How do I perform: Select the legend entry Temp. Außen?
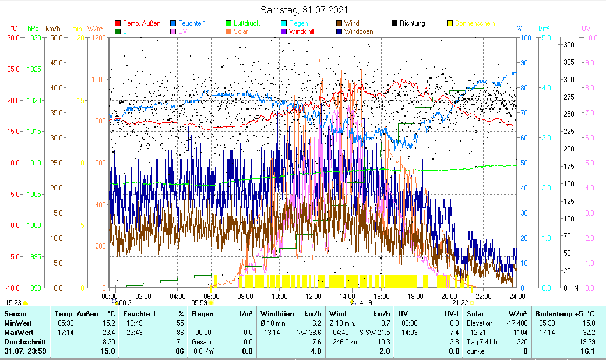pyautogui.click(x=142, y=23)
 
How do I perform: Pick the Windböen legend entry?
pyautogui.click(x=358, y=31)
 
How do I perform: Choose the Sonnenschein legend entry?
pyautogui.click(x=475, y=23)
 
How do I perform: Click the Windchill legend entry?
pyautogui.click(x=301, y=31)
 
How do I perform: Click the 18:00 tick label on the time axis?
pyautogui.click(x=415, y=296)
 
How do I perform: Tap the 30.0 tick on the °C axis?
pyautogui.click(x=13, y=37)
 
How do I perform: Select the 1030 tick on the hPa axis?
pyautogui.click(x=34, y=37)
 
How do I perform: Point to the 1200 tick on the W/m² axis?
pyautogui.click(x=98, y=37)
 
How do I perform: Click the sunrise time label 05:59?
pyautogui.click(x=199, y=303)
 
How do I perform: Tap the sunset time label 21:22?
pyautogui.click(x=460, y=303)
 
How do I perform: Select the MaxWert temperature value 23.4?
pyautogui.click(x=108, y=332)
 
